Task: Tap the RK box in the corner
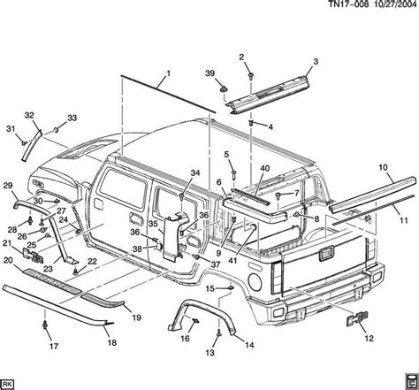(10, 383)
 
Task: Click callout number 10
(383, 166)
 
